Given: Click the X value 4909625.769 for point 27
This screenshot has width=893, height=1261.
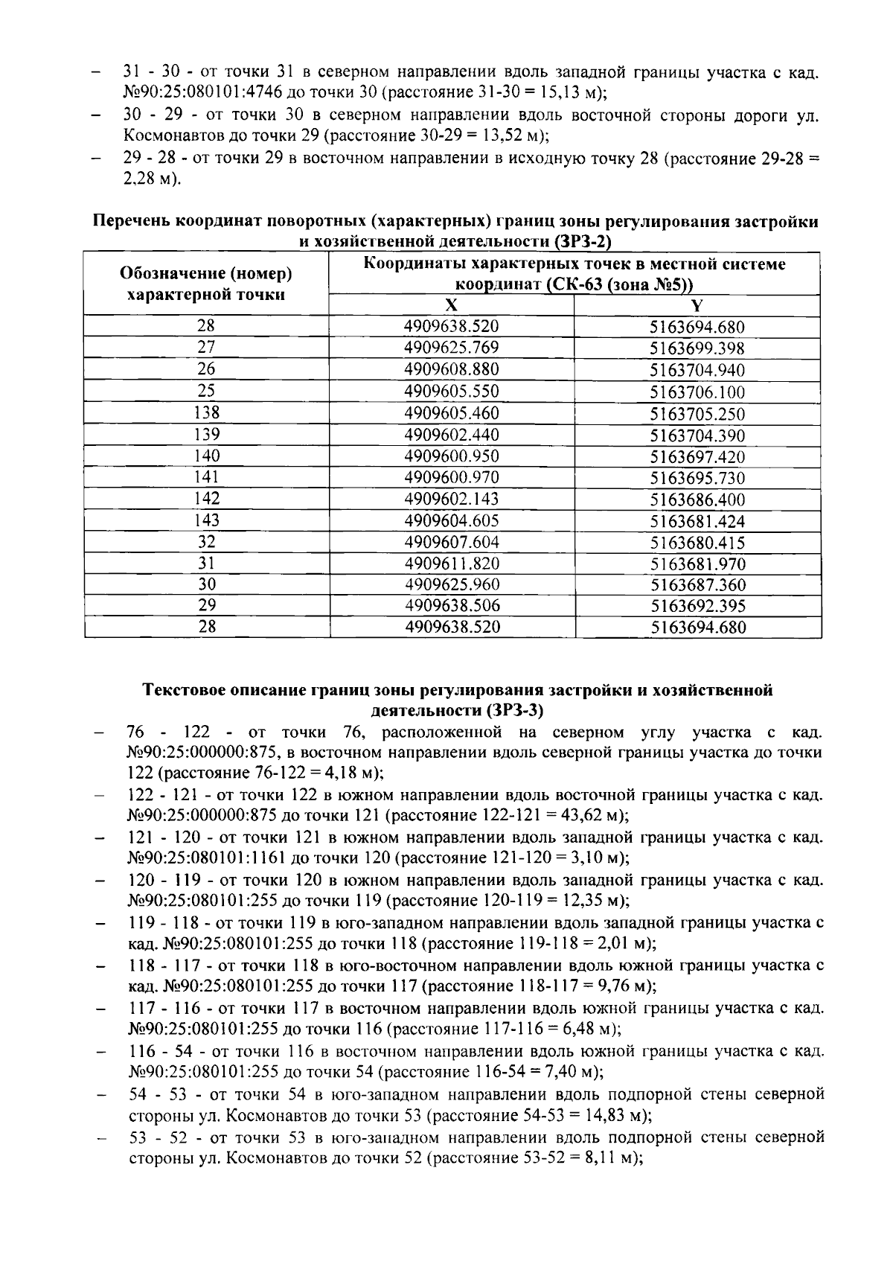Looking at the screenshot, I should (451, 348).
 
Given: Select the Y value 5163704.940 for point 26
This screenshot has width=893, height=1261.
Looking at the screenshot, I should (697, 371).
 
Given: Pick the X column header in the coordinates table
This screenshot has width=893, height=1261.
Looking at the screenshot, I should (451, 306).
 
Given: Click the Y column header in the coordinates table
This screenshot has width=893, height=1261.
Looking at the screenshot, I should (697, 307).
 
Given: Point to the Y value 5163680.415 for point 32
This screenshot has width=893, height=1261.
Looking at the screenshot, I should (697, 543).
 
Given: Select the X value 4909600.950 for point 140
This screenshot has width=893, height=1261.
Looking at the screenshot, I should (451, 456).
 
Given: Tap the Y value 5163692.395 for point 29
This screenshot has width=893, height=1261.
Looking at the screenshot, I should (697, 607).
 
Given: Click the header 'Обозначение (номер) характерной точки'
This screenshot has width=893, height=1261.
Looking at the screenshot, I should (206, 284).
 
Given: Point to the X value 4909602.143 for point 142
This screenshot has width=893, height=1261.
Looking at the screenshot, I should (451, 499).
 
